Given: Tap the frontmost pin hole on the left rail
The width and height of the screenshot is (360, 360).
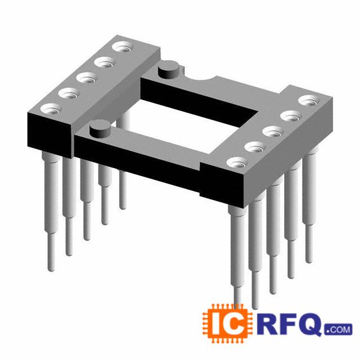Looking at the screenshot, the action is coord(51,109).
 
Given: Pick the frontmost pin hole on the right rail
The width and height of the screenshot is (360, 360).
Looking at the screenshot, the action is coord(237,163).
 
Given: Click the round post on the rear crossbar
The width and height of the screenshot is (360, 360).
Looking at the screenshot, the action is coord(169,69).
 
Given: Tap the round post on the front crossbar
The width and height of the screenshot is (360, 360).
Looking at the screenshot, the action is coord(100,129).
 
